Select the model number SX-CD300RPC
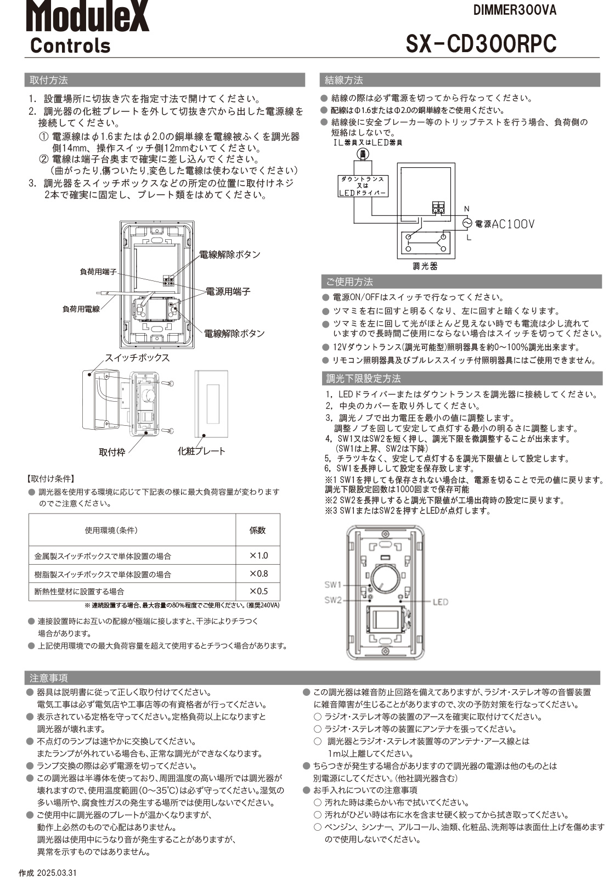pos(481,43)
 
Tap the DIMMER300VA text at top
pos(515,10)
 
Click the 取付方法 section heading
pos(49,80)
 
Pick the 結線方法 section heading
pos(344,80)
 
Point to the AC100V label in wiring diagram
pos(512,224)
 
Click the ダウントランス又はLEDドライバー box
pos(362,186)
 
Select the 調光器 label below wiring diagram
pos(425,266)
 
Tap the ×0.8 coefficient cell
pos(258,573)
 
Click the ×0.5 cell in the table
pos(258,591)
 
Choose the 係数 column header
pos(257,530)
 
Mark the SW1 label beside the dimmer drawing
pos(332,584)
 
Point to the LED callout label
pos(440,602)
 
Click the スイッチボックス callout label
pos(137,357)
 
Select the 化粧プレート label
pos(201,451)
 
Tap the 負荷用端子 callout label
pos(98,271)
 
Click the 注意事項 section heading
pos(49,678)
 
